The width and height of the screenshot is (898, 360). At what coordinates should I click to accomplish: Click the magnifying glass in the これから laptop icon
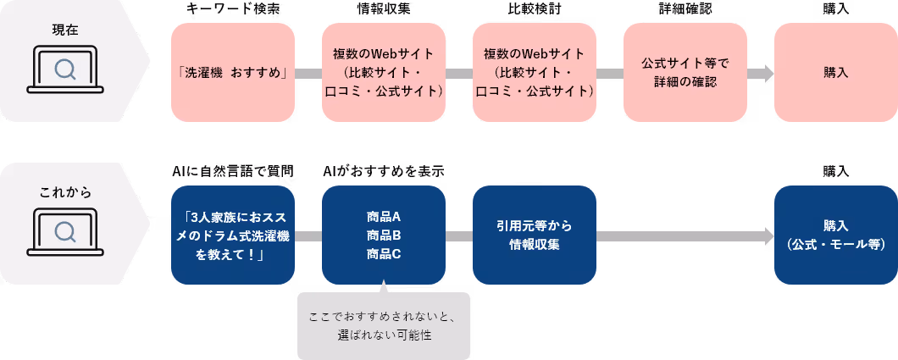tap(64, 231)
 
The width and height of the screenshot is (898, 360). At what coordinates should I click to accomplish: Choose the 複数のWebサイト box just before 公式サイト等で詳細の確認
tap(535, 73)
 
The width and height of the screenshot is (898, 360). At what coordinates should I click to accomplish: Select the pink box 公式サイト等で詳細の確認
tap(685, 73)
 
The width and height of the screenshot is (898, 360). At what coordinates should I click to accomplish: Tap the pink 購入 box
tap(835, 73)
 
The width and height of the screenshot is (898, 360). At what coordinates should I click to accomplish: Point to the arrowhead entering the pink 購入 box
tap(768, 73)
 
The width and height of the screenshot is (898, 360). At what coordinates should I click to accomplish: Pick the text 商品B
tap(384, 235)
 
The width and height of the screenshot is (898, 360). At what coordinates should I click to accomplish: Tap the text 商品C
tap(384, 253)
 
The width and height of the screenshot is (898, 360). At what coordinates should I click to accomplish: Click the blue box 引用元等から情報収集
tap(535, 235)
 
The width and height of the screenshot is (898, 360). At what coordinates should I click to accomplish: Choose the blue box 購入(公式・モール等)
tap(835, 235)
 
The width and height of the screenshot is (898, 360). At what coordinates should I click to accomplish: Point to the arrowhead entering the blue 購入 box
tap(768, 235)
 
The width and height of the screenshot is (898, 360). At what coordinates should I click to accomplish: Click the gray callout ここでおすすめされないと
tap(383, 326)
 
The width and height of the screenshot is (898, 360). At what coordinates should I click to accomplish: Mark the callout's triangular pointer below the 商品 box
tap(383, 287)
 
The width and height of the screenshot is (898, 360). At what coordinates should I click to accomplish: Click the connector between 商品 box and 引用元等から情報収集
tap(458, 235)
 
